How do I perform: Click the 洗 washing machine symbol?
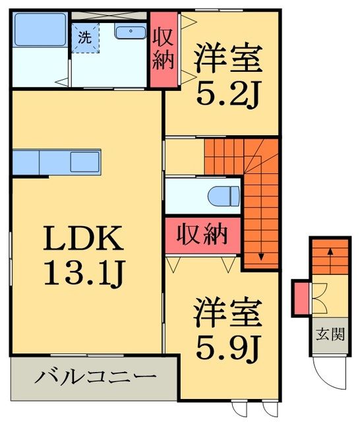85,38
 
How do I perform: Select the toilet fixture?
223,196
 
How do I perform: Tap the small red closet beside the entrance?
301,297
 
